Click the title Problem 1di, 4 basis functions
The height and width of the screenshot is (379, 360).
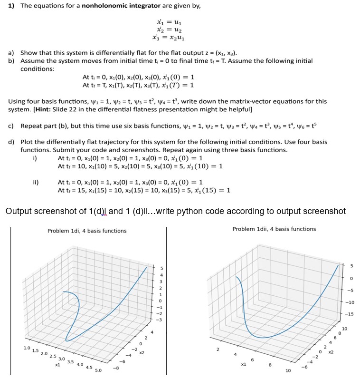coord(87,231)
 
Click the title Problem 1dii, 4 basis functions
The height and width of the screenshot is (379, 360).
coord(274,229)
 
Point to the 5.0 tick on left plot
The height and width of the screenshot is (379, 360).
coord(98,370)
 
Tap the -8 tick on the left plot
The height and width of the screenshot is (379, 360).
coord(115,367)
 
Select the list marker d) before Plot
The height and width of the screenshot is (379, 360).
coord(11,142)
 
